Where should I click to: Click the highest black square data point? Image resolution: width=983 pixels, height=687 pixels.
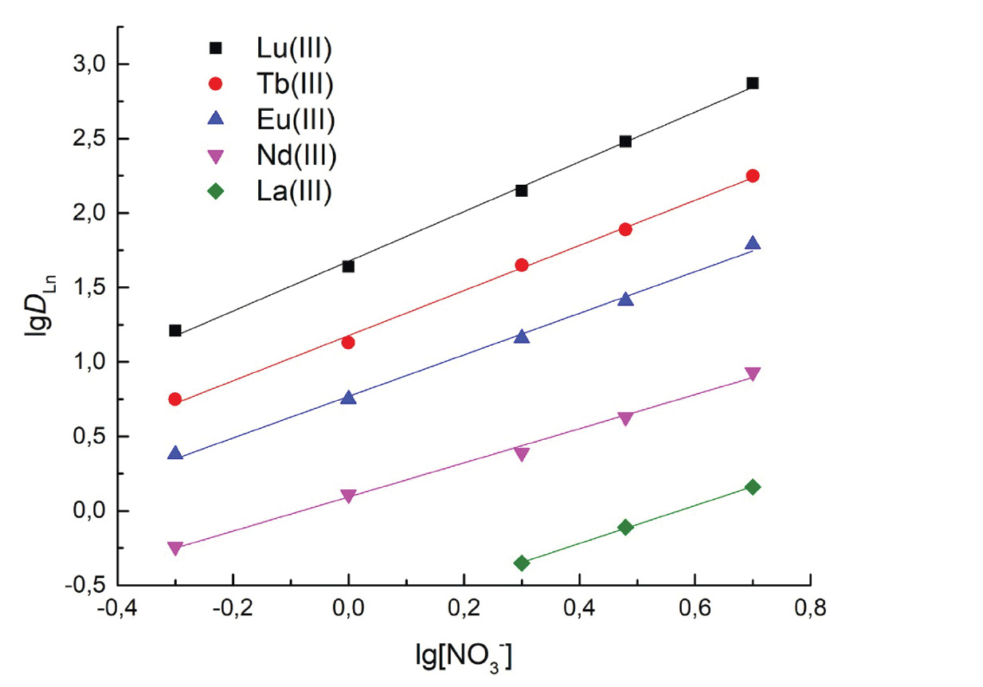(752, 83)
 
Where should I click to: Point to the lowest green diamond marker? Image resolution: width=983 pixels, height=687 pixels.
(522, 563)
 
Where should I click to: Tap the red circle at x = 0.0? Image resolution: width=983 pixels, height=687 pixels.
(348, 342)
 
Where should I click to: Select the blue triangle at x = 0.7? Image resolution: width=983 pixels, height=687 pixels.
(752, 243)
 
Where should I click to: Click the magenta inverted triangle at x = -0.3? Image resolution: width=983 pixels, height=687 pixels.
(175, 548)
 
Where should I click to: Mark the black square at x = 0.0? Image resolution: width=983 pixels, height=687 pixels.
(348, 266)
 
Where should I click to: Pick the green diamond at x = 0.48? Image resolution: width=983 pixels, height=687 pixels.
(625, 527)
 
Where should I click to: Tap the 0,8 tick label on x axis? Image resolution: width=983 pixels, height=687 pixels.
(810, 610)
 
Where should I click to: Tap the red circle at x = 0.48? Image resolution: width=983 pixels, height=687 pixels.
(625, 230)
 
